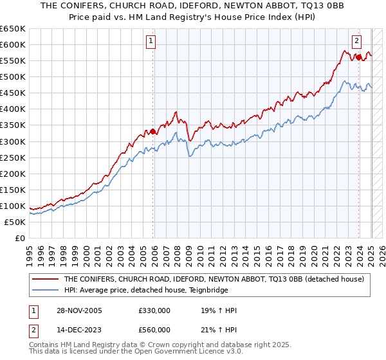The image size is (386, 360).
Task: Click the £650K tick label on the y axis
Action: [x=13, y=29]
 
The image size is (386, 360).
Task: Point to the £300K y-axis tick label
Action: [x=13, y=141]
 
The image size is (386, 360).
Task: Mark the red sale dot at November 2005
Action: [x=153, y=132]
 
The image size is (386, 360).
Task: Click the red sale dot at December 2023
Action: [x=358, y=57]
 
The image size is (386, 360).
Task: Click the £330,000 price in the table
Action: [x=154, y=311]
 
